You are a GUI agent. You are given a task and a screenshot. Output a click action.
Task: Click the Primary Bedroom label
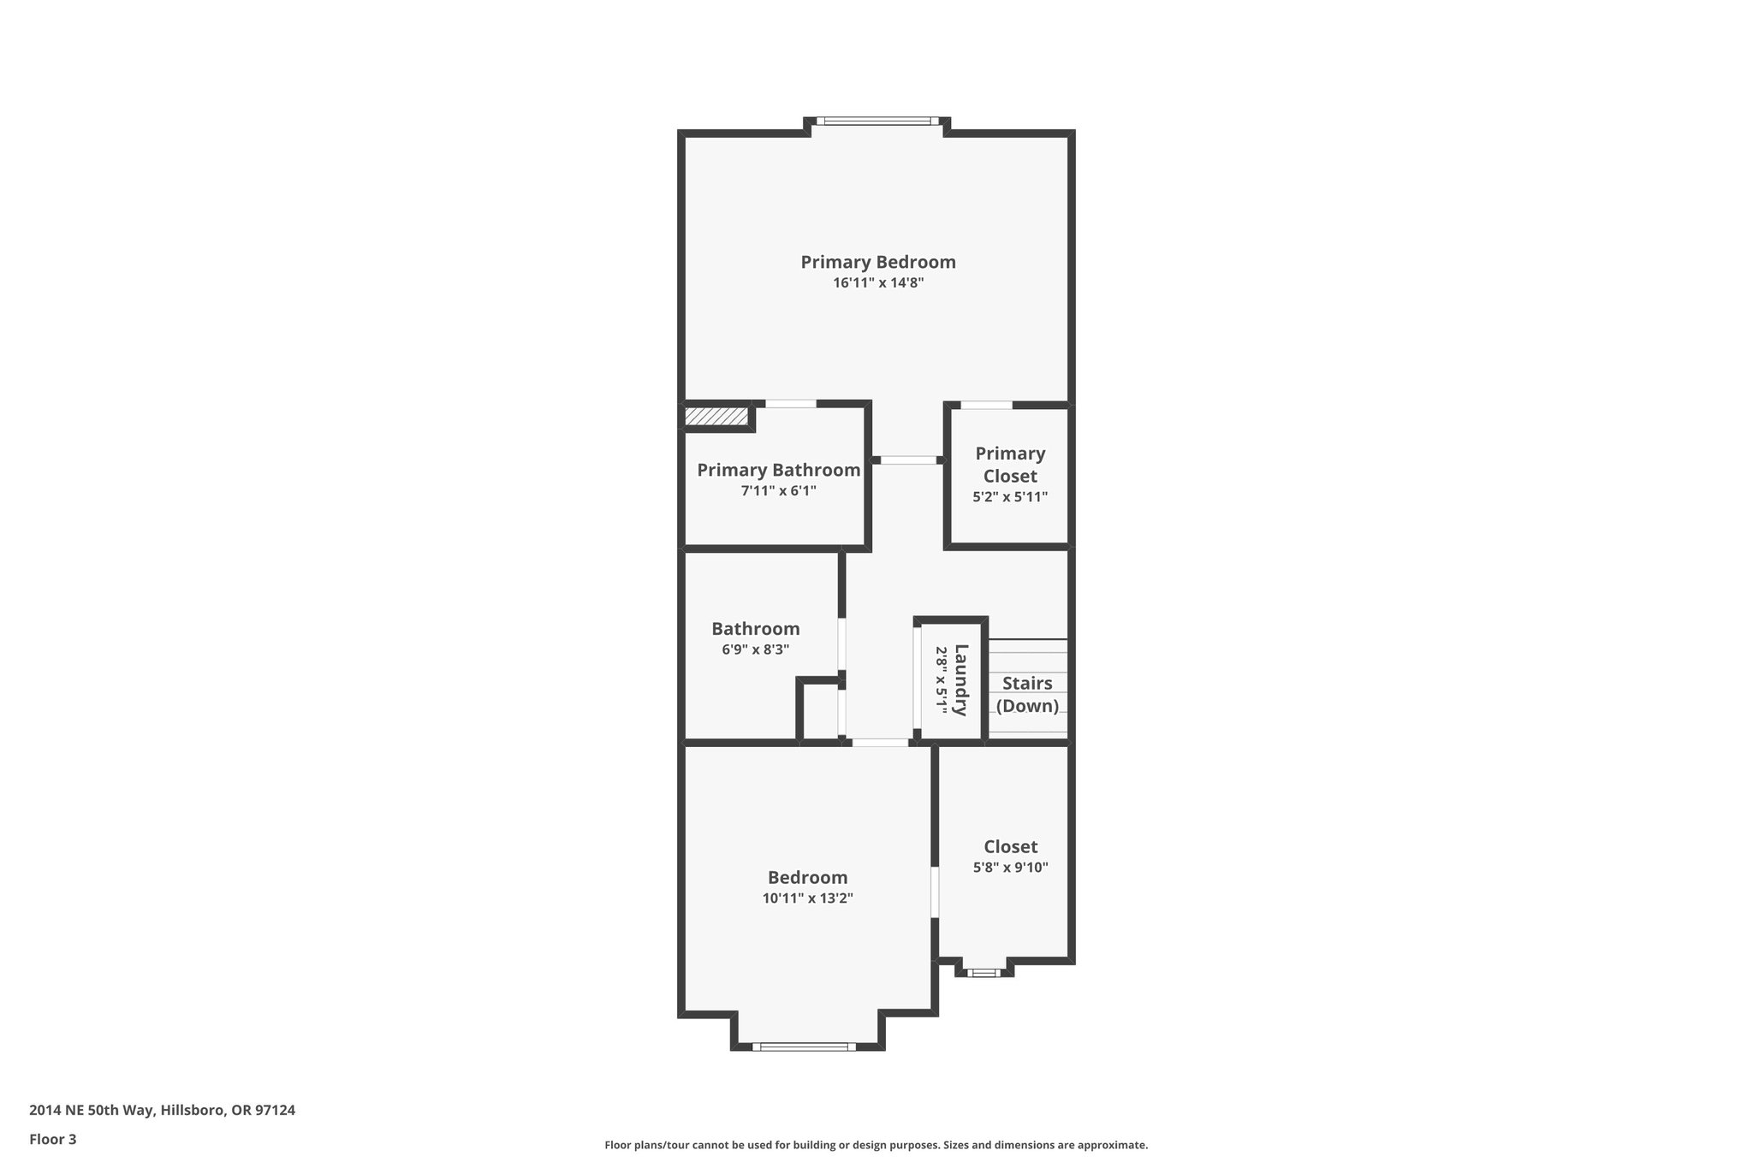877,262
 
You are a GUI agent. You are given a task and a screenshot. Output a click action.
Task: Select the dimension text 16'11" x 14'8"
877,283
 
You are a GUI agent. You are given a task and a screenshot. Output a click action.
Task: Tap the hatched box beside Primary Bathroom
716,417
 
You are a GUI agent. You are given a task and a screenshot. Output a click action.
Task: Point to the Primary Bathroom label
778,470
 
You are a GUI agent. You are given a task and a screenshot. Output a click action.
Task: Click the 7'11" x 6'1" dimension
778,491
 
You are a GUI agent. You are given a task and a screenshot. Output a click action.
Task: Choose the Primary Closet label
1010,465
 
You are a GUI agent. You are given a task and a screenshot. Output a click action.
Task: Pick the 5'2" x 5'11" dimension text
1010,496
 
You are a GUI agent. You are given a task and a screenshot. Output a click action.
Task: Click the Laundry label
960,679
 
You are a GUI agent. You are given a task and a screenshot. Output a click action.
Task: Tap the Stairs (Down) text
1027,694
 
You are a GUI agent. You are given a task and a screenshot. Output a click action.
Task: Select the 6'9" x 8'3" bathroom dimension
755,649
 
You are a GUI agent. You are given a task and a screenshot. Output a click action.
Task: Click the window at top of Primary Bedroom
877,122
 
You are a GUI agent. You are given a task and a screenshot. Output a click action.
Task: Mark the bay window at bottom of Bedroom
804,1046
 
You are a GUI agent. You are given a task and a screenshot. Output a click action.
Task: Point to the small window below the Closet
983,972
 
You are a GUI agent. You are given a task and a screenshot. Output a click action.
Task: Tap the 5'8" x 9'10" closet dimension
1010,867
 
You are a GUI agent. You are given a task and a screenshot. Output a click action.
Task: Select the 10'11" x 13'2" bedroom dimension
807,898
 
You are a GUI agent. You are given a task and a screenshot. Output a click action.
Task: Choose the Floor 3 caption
52,1139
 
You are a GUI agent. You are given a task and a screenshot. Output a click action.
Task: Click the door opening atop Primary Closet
986,405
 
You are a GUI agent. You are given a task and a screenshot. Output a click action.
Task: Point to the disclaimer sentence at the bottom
876,1145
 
